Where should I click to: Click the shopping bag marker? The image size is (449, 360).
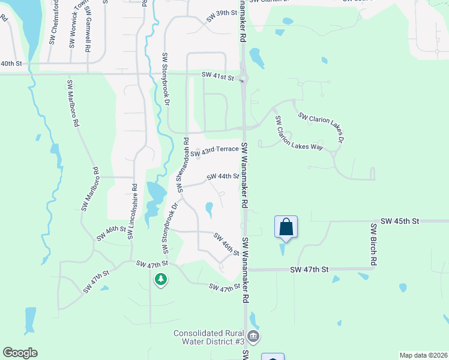286,227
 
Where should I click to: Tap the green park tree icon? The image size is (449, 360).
160,279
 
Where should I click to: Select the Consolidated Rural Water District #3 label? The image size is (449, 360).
208,337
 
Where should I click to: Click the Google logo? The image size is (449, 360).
20,353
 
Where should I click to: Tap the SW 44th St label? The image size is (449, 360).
223,176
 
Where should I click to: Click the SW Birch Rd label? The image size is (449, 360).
373,245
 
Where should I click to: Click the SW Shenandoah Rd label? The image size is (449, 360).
182,166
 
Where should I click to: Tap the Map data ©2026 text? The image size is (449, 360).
423,355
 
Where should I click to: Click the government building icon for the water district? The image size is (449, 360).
253,336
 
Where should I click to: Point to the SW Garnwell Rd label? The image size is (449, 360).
88,26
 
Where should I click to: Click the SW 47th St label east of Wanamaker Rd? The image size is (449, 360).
310,270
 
